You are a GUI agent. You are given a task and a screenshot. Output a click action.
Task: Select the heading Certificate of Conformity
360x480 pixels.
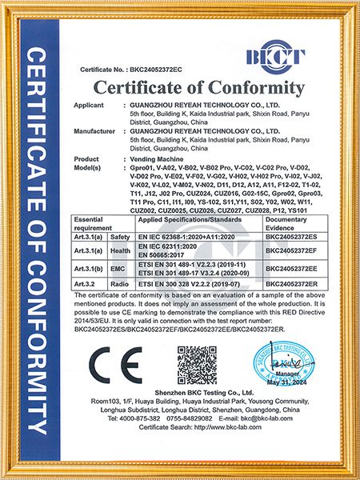tap(200, 87)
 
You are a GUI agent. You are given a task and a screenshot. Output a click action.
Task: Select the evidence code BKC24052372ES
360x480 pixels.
tap(292, 238)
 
